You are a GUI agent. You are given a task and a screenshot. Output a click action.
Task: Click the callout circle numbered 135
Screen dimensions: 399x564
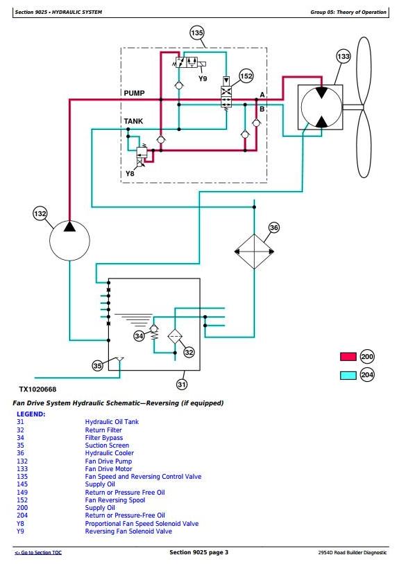pos(197,33)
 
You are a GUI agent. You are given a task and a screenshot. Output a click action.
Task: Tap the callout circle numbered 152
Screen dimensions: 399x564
pos(246,76)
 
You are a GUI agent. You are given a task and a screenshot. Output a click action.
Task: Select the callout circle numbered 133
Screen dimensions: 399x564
pos(343,56)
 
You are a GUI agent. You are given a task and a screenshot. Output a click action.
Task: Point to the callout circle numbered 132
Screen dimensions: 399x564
pos(40,213)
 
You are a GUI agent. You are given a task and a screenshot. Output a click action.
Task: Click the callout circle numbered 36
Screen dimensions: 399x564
pos(274,227)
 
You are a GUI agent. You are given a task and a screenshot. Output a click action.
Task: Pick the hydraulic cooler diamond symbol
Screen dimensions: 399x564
pos(254,252)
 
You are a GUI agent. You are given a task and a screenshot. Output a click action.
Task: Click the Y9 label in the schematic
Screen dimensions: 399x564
pos(203,78)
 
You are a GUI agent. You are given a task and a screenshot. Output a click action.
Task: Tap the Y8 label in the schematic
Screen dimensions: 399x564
pos(130,174)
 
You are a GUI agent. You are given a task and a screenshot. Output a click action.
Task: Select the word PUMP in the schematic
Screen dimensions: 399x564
pos(135,93)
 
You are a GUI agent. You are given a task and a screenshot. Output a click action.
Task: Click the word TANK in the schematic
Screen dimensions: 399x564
pos(133,121)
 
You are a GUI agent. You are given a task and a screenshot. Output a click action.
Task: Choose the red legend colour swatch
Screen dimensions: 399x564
pos(348,356)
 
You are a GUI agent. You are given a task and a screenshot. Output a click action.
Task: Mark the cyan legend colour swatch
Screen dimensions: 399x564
pos(348,375)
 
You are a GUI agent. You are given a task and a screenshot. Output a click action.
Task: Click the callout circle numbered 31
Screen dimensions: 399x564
pos(182,385)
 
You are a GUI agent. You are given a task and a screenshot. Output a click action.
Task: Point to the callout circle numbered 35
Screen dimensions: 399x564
pos(97,366)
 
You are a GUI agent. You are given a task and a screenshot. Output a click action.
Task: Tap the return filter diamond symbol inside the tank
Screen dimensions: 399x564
pos(175,337)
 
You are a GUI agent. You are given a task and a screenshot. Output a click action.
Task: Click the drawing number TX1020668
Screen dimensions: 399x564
pos(37,389)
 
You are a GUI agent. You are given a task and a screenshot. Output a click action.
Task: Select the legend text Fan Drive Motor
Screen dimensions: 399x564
pos(108,468)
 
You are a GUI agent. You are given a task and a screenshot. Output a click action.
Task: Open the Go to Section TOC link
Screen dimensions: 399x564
pos(38,552)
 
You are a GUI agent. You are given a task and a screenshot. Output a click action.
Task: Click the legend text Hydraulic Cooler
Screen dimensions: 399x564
pos(109,453)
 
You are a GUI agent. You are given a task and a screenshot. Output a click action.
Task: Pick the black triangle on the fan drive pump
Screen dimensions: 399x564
pos(69,227)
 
